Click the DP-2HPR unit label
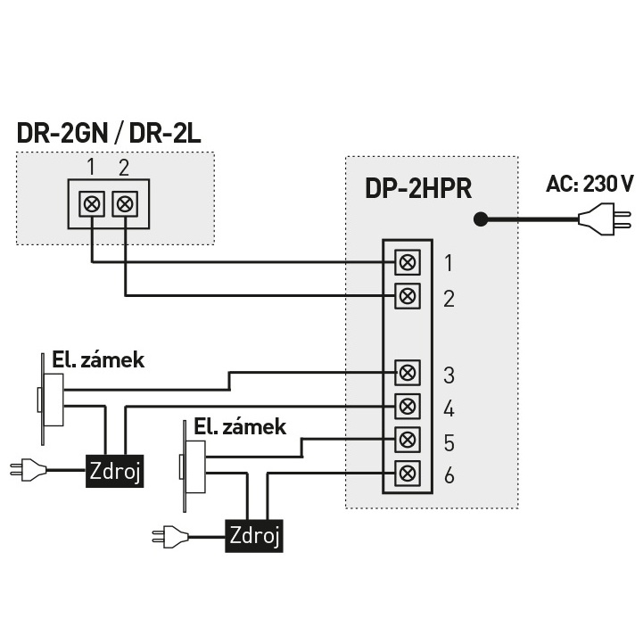(417, 189)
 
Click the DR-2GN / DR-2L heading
(109, 134)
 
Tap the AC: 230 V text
(589, 185)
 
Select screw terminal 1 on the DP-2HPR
(408, 262)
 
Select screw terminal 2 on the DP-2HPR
(408, 295)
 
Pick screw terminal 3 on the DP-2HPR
(408, 372)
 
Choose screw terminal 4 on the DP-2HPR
(408, 406)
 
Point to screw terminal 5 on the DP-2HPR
(408, 440)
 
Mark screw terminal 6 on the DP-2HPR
(408, 473)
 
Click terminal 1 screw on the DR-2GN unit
(92, 203)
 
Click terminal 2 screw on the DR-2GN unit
(126, 203)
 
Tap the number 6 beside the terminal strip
(449, 475)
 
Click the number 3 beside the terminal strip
(449, 375)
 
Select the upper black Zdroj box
(114, 469)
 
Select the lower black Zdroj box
(255, 535)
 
